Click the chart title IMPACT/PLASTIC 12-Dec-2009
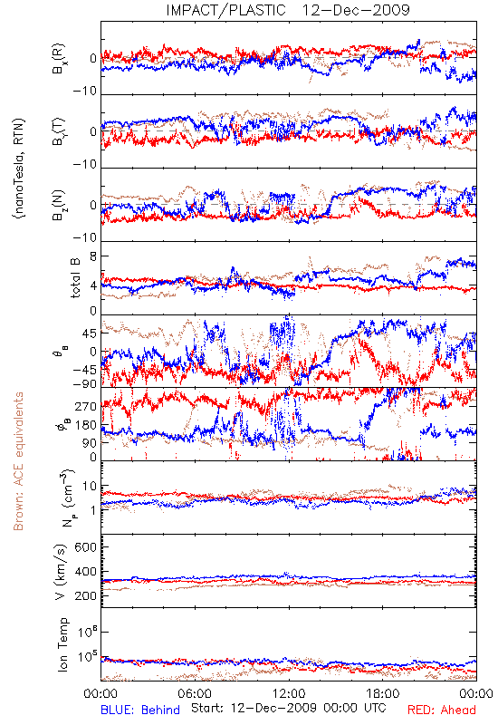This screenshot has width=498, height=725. pyautogui.click(x=288, y=10)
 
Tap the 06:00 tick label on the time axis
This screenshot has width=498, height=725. pyautogui.click(x=195, y=693)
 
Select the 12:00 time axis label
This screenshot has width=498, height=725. pyautogui.click(x=289, y=693)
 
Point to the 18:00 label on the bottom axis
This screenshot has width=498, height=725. pyautogui.click(x=383, y=693)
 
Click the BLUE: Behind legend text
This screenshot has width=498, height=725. pyautogui.click(x=140, y=710)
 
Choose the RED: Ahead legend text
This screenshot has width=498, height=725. pyautogui.click(x=441, y=710)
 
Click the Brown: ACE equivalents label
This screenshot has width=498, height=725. pyautogui.click(x=18, y=461)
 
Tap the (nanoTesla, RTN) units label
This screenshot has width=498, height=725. pyautogui.click(x=19, y=169)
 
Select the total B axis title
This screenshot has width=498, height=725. pyautogui.click(x=75, y=278)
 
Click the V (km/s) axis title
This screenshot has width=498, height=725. pyautogui.click(x=61, y=572)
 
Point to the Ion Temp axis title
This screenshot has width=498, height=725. pyautogui.click(x=62, y=644)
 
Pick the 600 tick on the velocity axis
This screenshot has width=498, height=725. pyautogui.click(x=85, y=547)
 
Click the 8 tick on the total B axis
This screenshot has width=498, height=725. pyautogui.click(x=93, y=256)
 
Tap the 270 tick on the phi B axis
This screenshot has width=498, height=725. pyautogui.click(x=86, y=406)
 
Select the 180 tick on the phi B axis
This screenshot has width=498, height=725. pyautogui.click(x=86, y=425)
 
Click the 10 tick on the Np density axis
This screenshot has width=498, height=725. pyautogui.click(x=90, y=487)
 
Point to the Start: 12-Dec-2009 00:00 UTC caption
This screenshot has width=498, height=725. pyautogui.click(x=288, y=708)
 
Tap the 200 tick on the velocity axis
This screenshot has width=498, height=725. pyautogui.click(x=85, y=596)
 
